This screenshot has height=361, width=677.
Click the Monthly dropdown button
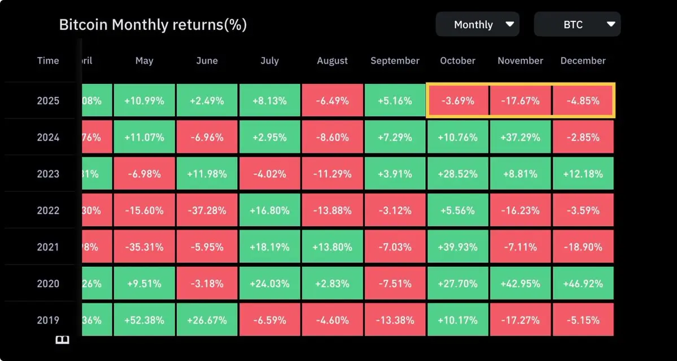[x=477, y=25]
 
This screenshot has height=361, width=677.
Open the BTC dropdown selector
[x=577, y=25]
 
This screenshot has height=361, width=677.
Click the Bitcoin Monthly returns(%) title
[x=153, y=25]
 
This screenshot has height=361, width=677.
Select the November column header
[x=520, y=61]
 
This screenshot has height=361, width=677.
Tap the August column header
[x=332, y=61]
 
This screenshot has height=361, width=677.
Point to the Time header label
[x=48, y=61]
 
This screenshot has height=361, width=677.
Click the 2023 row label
[x=48, y=174]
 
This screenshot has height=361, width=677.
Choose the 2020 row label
[x=48, y=283]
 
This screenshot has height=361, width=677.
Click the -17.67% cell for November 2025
[x=520, y=101]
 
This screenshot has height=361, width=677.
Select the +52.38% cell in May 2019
[x=144, y=320]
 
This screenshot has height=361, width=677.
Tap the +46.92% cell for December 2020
[x=583, y=283]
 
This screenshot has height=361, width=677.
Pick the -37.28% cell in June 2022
[x=207, y=210]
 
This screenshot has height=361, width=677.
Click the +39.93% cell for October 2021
[x=457, y=247]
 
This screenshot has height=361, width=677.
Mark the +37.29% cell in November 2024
[x=520, y=137]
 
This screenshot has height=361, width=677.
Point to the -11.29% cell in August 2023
[x=332, y=174]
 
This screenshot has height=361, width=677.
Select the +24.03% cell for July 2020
[x=269, y=283]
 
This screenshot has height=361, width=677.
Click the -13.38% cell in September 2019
[x=395, y=320]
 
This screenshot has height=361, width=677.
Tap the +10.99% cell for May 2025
[x=144, y=101]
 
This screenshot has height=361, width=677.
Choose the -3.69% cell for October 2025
[x=457, y=101]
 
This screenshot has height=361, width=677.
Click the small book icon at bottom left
[x=62, y=340]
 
